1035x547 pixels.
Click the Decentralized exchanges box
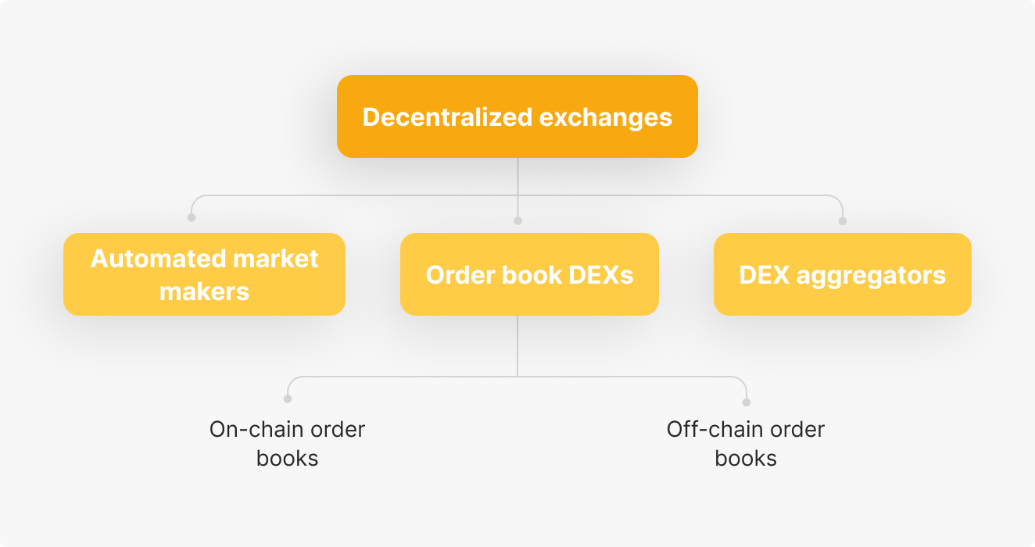(517, 116)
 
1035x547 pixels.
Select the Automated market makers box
(204, 274)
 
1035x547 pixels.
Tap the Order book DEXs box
(529, 274)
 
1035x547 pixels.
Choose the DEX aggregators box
(843, 274)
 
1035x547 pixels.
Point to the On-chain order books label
(287, 444)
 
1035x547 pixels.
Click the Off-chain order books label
(745, 444)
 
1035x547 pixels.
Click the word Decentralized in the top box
(447, 117)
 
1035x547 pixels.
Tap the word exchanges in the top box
(606, 118)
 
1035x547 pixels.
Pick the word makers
(204, 291)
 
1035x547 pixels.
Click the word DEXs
(600, 275)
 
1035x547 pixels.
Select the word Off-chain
(716, 429)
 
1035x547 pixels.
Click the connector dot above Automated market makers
(192, 217)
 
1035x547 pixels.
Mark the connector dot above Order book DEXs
(518, 221)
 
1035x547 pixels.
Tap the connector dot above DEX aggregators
(843, 221)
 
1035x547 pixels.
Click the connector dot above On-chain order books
(288, 399)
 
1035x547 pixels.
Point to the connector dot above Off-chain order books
(747, 402)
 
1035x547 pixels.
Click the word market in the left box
(275, 258)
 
